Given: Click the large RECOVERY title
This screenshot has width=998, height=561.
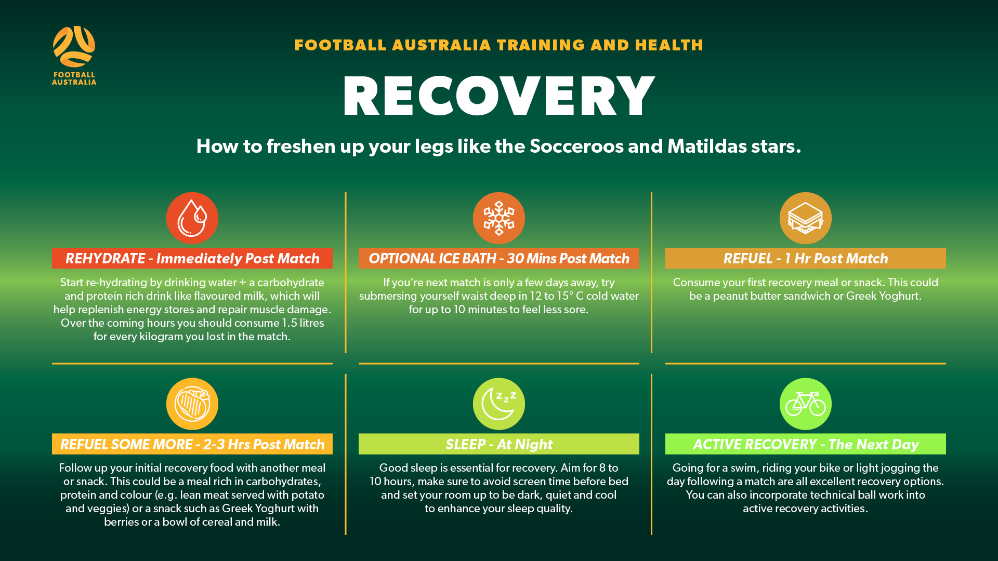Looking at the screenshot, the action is [x=499, y=96].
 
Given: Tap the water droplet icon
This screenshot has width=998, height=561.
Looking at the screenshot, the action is [x=192, y=218].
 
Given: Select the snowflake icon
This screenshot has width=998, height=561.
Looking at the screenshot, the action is [x=499, y=218].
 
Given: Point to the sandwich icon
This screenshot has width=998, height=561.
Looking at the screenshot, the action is [x=806, y=218].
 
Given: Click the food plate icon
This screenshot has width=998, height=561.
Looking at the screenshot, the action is [x=192, y=404].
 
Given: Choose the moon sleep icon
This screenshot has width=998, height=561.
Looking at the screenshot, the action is [x=499, y=404].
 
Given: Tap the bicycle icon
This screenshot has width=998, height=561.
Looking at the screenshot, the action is [x=806, y=404].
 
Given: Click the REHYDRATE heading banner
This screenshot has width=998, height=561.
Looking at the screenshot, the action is [x=192, y=258].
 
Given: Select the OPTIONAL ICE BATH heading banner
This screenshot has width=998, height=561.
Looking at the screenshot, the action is [x=499, y=258].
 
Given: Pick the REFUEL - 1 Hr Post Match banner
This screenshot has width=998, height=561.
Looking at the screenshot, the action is [x=806, y=258].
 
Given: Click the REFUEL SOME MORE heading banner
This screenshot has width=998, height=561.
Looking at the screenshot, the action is [x=192, y=444].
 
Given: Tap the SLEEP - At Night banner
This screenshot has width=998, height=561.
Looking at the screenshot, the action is [x=499, y=444].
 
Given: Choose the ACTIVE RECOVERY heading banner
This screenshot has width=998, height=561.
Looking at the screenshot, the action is [x=806, y=444].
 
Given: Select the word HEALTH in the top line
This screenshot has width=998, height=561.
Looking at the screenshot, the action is [x=669, y=45].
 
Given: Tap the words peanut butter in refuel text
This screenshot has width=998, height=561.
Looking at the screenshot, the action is [x=747, y=296].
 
